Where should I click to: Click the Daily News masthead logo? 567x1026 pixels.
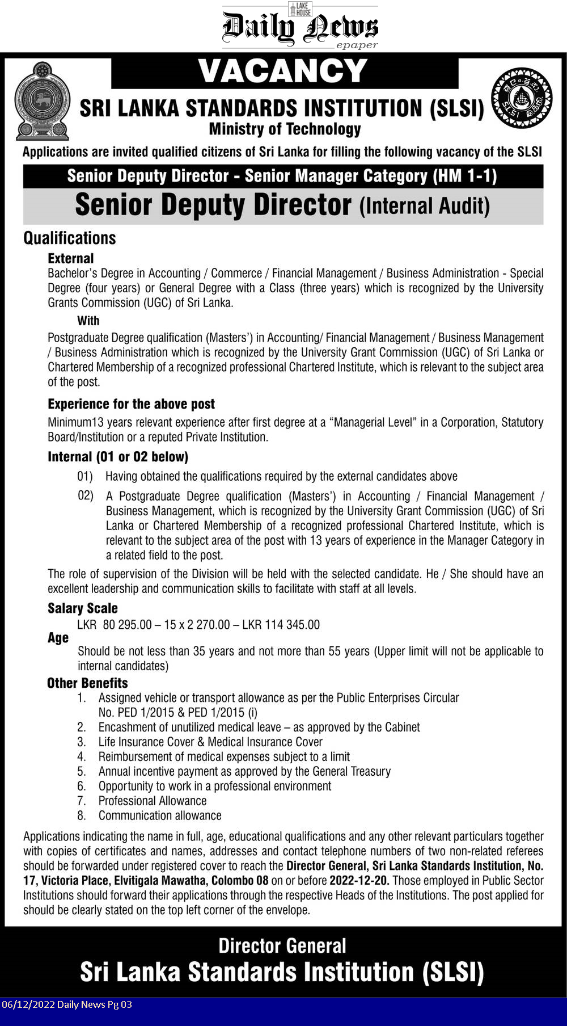[300, 27]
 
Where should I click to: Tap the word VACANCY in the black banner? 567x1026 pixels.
[283, 72]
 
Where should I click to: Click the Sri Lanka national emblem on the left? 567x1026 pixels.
[42, 102]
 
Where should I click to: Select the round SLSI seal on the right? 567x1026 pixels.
[521, 98]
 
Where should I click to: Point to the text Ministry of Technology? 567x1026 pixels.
[285, 129]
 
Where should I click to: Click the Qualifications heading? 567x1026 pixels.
[69, 238]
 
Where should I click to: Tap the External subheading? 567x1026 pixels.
[70, 258]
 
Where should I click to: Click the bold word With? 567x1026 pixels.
[88, 321]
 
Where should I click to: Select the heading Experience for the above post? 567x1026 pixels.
[131, 404]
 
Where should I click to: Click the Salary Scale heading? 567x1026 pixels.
[82, 608]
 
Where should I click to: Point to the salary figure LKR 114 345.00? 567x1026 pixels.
[281, 625]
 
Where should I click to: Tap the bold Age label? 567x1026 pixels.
[58, 638]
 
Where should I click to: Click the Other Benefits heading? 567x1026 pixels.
[87, 683]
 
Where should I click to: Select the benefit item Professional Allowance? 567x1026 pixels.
[152, 801]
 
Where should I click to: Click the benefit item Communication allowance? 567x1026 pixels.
[159, 815]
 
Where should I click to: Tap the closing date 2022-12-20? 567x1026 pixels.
[359, 881]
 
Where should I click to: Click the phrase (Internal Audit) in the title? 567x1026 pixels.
[424, 206]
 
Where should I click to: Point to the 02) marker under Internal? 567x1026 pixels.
[86, 495]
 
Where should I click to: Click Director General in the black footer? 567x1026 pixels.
[282, 946]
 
